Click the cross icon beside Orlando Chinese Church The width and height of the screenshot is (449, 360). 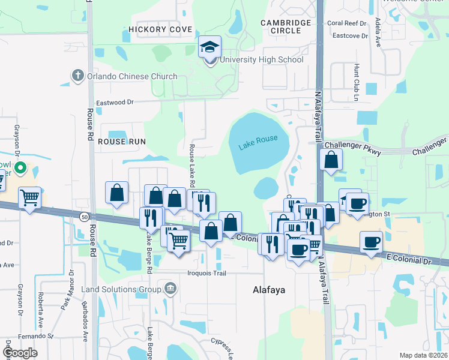click(x=77, y=76)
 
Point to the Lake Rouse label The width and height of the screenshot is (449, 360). click(x=258, y=142)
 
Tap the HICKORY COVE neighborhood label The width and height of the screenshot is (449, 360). click(x=160, y=29)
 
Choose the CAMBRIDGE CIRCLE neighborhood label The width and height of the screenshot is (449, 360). click(x=286, y=28)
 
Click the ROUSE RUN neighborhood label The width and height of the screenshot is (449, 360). click(x=122, y=142)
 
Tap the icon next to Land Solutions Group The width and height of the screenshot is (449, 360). click(x=170, y=289)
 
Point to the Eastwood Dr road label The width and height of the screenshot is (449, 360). click(x=114, y=102)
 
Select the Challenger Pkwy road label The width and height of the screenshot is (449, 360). click(x=349, y=146)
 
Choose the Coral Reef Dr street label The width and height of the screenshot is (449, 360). click(x=346, y=23)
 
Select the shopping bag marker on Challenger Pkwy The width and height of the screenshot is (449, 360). click(x=331, y=160)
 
